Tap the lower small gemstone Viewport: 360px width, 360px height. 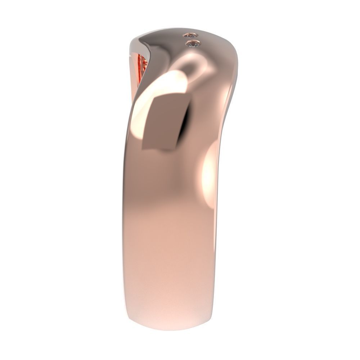pyautogui.click(x=193, y=44)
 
